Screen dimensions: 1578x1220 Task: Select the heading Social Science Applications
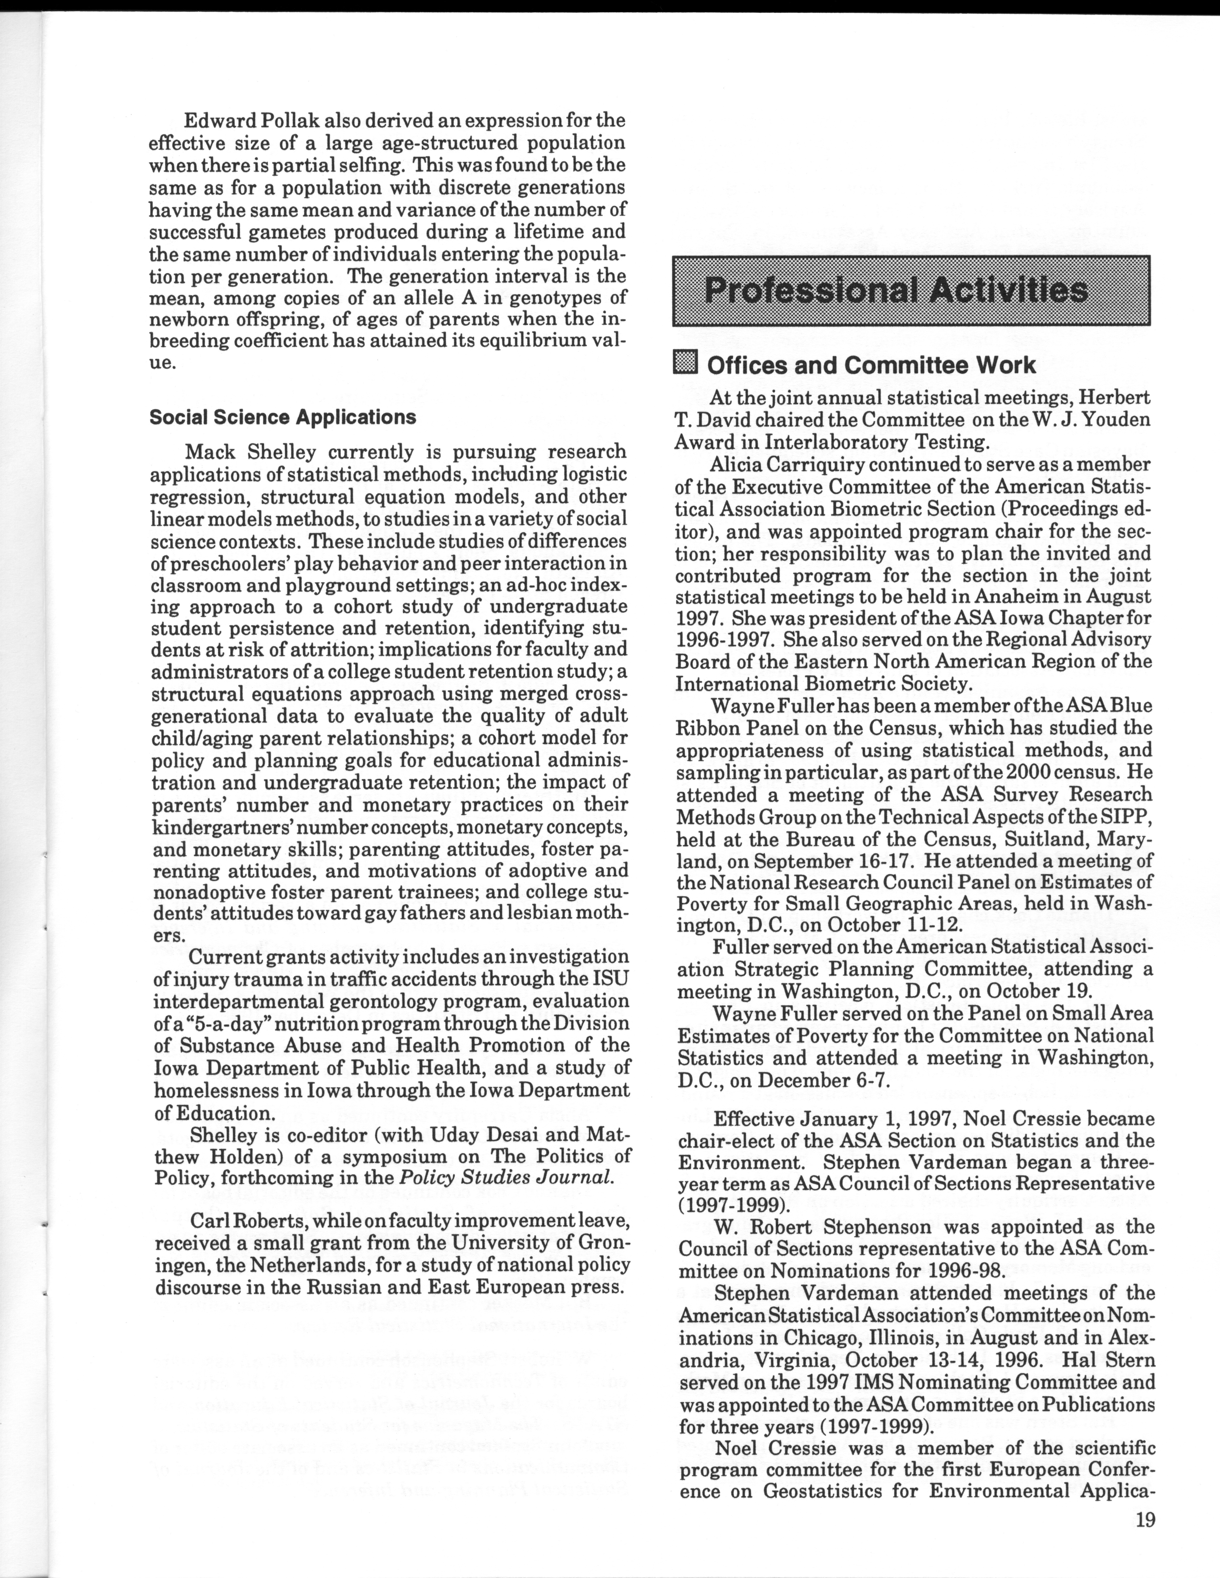(283, 417)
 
